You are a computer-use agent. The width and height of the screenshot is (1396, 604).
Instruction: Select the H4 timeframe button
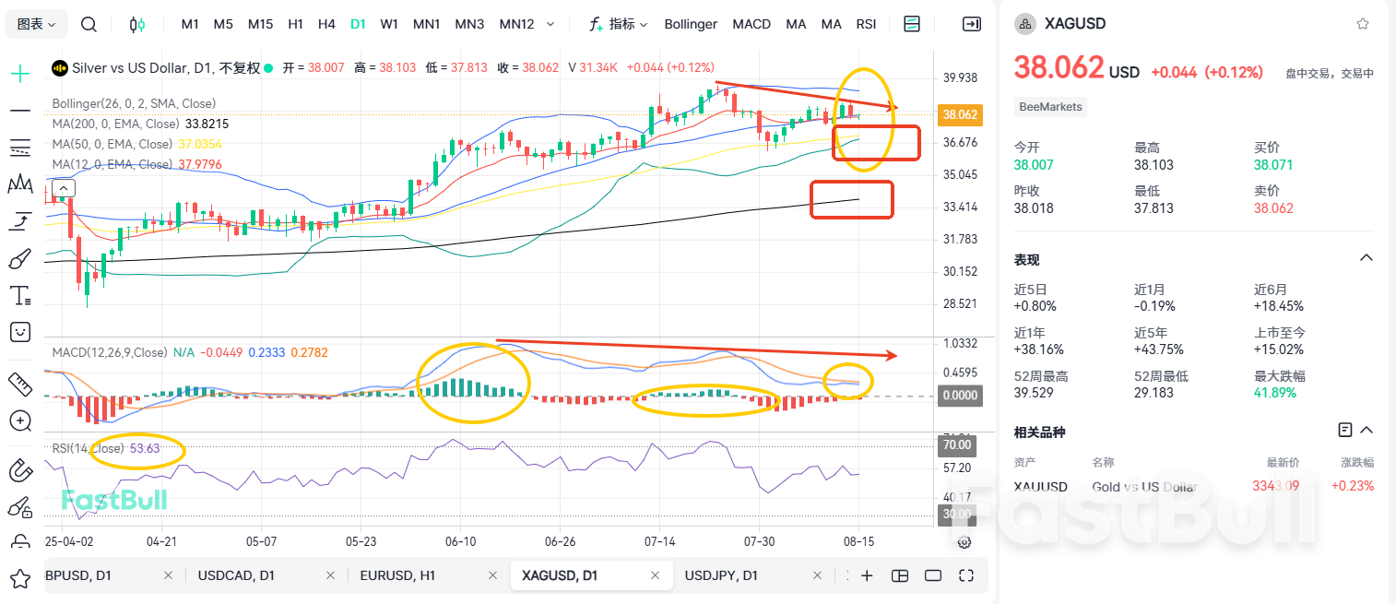[326, 24]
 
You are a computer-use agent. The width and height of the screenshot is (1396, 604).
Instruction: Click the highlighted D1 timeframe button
[358, 24]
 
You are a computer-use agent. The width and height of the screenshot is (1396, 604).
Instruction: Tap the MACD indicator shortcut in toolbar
[751, 24]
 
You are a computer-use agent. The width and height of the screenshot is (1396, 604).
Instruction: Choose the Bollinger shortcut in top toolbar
[691, 24]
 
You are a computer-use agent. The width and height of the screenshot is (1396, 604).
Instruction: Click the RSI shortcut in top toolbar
[866, 24]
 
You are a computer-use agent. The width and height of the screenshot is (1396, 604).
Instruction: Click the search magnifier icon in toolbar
[89, 24]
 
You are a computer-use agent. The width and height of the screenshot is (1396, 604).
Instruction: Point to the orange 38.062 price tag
[959, 115]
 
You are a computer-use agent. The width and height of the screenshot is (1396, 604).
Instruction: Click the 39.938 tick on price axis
[960, 77]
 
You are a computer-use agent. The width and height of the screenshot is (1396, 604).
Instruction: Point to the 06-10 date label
[460, 541]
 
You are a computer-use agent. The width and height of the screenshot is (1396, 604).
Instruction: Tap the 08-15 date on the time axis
[858, 541]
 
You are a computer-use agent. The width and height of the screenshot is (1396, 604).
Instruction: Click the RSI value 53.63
[145, 448]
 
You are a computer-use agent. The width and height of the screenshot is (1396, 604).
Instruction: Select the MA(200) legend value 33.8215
[207, 124]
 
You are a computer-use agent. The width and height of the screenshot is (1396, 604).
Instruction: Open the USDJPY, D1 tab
[721, 575]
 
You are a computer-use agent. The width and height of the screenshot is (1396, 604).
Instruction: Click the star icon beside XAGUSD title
[1362, 24]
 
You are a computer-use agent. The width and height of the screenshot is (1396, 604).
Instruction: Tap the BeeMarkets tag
[1050, 107]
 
